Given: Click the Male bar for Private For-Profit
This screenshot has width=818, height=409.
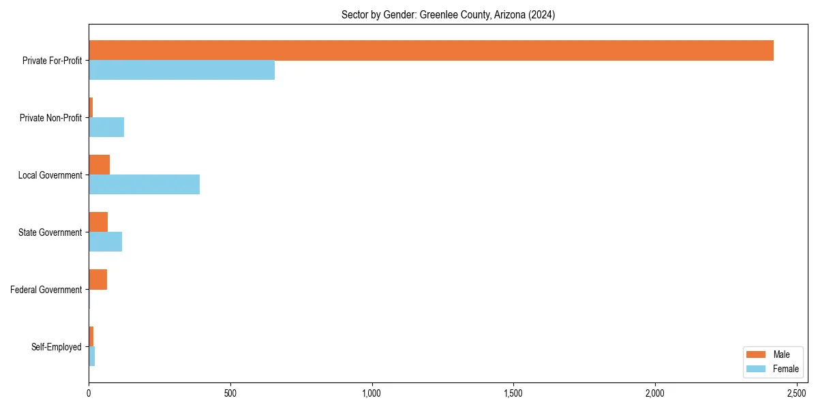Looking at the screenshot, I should [431, 50].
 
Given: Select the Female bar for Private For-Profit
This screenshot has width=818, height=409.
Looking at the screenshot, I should [181, 70].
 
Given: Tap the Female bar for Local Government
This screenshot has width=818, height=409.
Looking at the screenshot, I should [144, 185].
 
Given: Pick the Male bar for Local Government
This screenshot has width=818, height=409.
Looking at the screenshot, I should [99, 165].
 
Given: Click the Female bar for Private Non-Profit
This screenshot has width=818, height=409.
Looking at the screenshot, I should [106, 127].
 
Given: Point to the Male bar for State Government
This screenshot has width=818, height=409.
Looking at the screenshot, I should [98, 222].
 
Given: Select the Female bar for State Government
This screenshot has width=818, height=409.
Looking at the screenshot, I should [105, 242].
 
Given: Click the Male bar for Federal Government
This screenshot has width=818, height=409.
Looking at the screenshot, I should [97, 279].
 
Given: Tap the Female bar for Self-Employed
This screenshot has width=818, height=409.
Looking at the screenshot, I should [91, 357].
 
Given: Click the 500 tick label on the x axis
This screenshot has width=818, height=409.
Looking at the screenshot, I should [230, 393].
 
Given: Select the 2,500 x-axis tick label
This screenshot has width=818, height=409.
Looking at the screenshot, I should [796, 393].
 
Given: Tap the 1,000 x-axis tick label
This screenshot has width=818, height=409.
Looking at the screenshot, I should [372, 393].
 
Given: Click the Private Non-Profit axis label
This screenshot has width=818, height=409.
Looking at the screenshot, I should [50, 118].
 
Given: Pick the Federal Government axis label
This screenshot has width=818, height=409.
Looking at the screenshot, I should [46, 290].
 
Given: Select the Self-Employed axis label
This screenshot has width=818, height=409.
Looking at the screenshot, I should [57, 347].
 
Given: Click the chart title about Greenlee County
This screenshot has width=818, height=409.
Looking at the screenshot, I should [448, 15].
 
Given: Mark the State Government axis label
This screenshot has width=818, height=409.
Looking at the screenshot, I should [50, 232].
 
